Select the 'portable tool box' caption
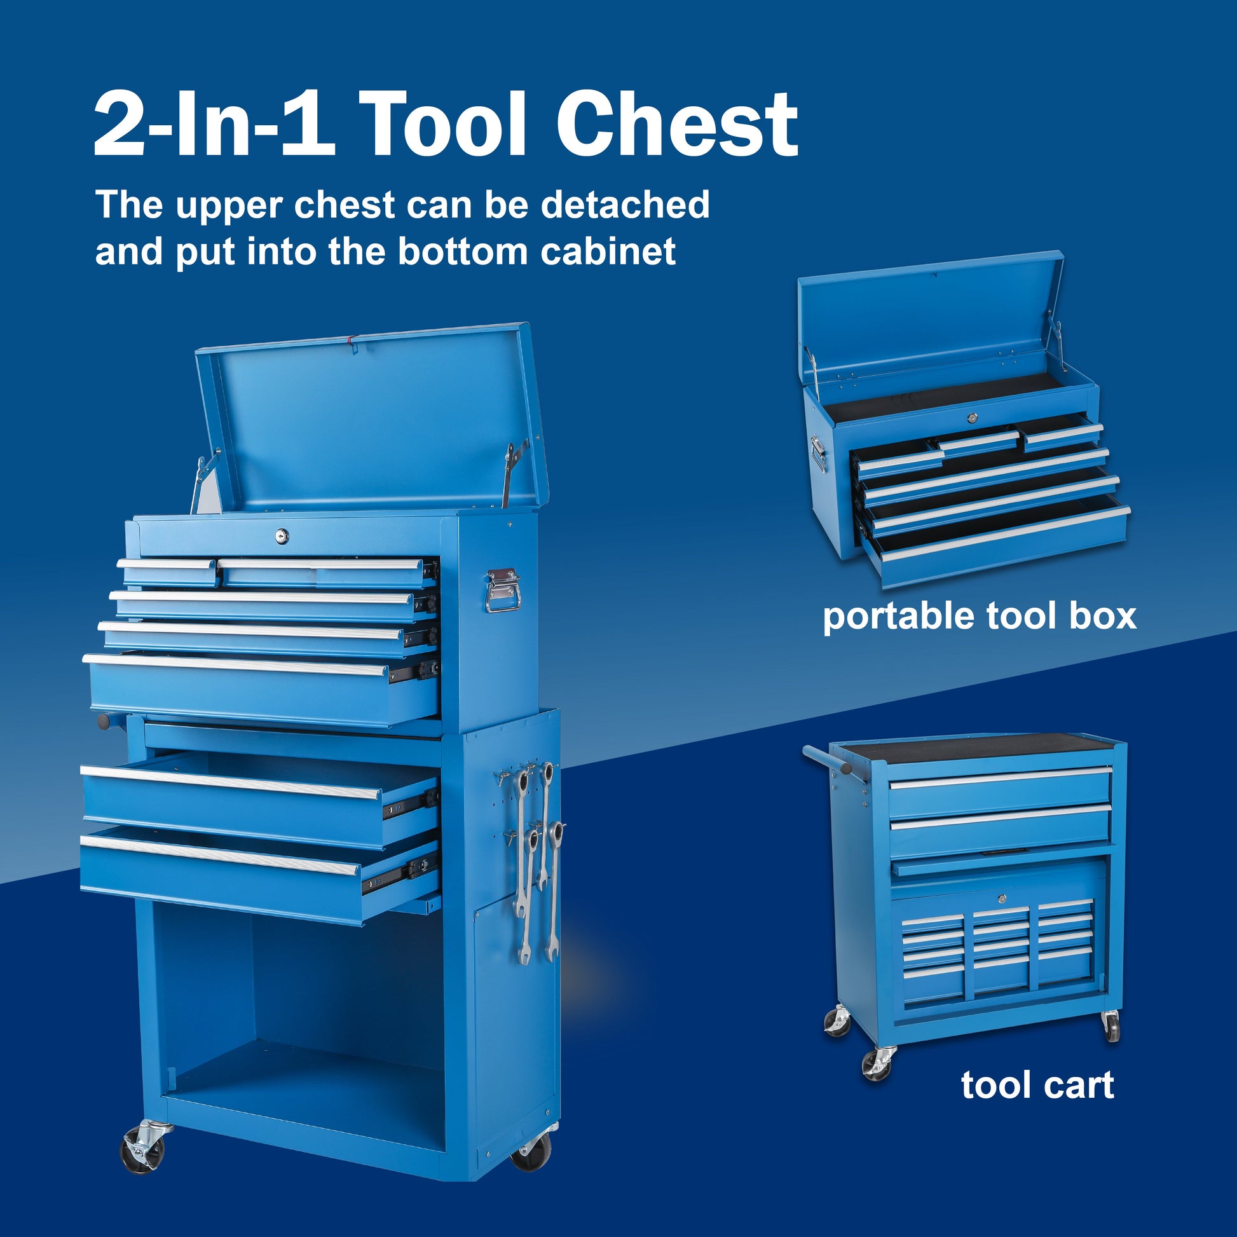pos(980,617)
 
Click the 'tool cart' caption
pos(1037,1086)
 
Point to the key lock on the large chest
pos(282,535)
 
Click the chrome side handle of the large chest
pos(503,591)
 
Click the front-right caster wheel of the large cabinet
pos(531,1152)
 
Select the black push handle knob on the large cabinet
pos(103,721)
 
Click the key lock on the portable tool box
pos(972,418)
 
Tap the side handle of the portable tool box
pos(818,453)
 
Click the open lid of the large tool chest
pos(371,416)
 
